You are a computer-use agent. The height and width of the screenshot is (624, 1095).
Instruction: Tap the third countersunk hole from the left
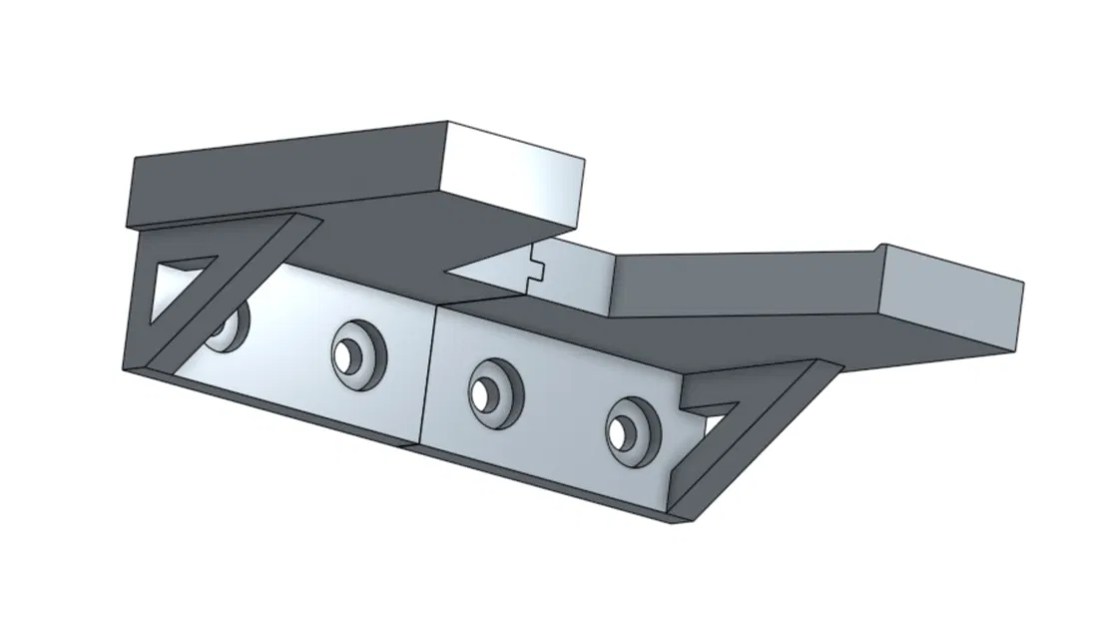[x=489, y=389]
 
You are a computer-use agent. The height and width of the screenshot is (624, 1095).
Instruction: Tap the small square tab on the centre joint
[x=536, y=267]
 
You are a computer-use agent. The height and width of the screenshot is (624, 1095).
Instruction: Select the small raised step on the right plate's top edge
[x=878, y=246]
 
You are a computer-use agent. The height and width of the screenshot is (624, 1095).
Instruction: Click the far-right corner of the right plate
[x=1022, y=284]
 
